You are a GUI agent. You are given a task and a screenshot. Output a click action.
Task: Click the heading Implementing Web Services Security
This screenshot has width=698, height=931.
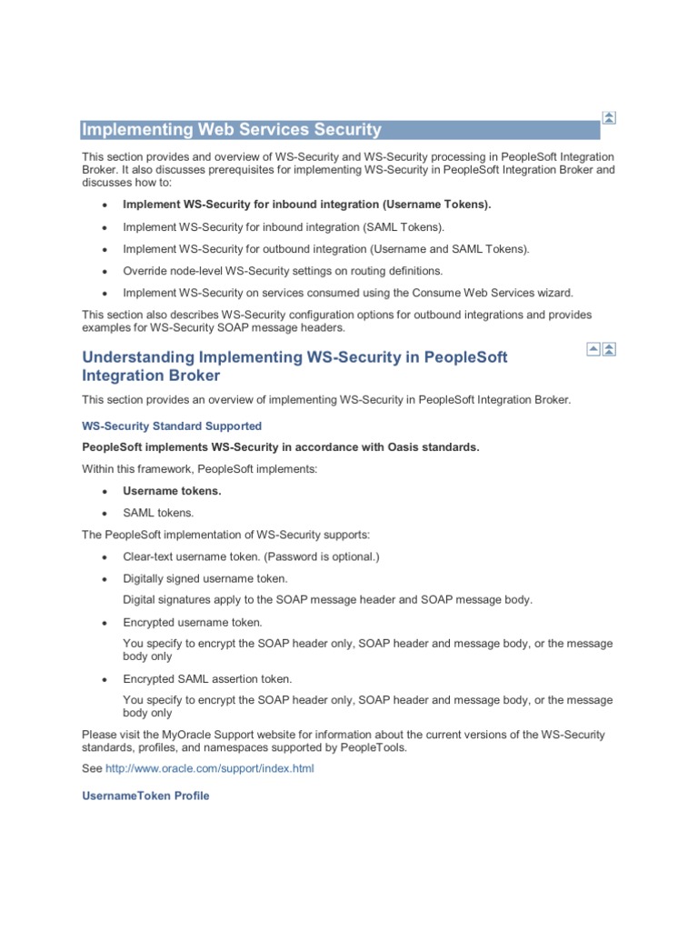232,129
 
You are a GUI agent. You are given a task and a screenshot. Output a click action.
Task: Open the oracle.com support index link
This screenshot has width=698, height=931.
210,768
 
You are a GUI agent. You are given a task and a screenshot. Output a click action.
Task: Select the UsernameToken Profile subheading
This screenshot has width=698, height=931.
145,796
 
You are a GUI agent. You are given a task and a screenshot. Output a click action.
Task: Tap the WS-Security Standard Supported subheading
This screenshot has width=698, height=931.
172,425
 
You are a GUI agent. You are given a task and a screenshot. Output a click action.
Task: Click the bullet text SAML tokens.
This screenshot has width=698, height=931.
158,513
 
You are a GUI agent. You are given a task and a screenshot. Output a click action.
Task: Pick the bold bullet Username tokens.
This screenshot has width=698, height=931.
172,491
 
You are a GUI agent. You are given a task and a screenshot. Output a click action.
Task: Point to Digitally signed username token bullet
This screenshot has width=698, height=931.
205,578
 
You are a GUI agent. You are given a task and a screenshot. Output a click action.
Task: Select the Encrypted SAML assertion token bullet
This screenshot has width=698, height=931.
207,678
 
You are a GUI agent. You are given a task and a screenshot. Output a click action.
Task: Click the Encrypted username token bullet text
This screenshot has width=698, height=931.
193,622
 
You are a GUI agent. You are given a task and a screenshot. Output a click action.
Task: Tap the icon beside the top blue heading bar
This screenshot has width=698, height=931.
609,117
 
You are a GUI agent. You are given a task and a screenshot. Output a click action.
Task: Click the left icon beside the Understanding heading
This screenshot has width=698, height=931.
593,349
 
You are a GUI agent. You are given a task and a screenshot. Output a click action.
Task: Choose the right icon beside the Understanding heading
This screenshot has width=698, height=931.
609,349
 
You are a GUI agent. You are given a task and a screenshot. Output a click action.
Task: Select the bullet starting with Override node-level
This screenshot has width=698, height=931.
283,271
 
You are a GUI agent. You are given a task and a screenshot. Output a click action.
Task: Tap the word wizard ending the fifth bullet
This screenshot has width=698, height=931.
555,293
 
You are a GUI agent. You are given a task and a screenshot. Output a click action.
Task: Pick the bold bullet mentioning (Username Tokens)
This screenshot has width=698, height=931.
306,205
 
